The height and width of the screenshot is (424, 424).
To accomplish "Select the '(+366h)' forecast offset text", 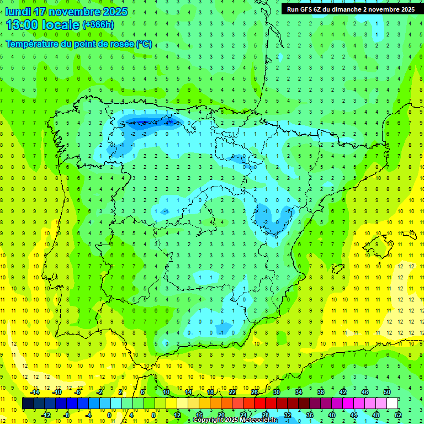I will coord(98,25).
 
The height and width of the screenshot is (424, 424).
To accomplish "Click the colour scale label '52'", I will coord(398,415).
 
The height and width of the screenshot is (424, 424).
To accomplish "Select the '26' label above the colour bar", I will coord(255,392).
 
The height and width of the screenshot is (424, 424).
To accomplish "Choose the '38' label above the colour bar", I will coord(321,392).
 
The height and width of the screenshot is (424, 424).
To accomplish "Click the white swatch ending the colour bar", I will coord(392,403).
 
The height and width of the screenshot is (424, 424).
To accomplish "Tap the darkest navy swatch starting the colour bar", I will coord(28,403).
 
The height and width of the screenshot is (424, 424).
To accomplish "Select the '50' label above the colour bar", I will coord(387,392).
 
